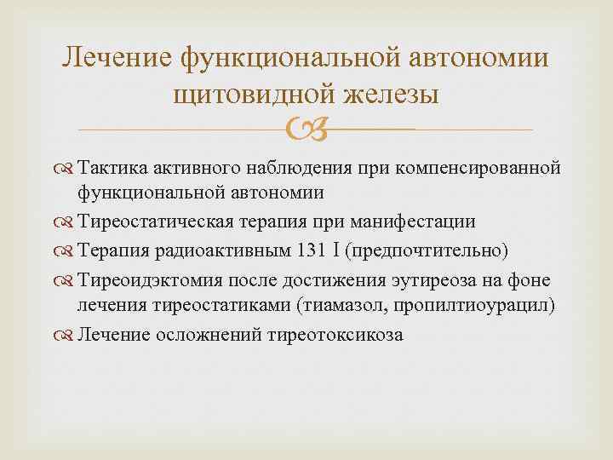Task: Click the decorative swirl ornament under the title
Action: (x=306, y=130)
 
